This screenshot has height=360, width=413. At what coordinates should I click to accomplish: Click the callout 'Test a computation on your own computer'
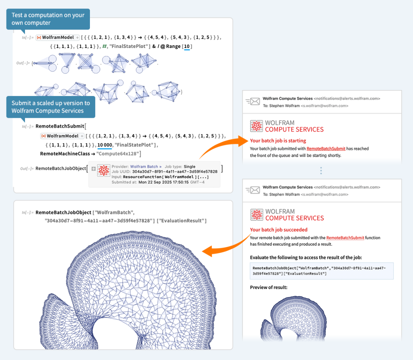click(48, 19)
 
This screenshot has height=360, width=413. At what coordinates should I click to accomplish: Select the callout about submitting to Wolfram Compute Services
click(51, 107)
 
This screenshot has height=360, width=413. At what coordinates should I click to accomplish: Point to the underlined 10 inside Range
click(187, 47)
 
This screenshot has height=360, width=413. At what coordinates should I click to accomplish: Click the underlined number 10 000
click(104, 145)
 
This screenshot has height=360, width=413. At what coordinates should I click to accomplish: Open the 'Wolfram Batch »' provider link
click(146, 166)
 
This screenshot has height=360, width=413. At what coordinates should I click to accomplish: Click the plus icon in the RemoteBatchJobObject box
click(94, 169)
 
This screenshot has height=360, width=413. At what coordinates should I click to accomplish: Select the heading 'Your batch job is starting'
click(278, 141)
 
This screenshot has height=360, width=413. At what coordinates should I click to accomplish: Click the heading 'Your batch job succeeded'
click(279, 230)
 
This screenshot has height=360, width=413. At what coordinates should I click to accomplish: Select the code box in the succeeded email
click(321, 271)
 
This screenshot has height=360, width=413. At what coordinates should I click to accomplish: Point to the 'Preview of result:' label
click(269, 287)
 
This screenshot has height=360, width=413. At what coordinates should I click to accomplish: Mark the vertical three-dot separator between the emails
click(321, 171)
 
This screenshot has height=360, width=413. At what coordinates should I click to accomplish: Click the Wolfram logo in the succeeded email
click(257, 215)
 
